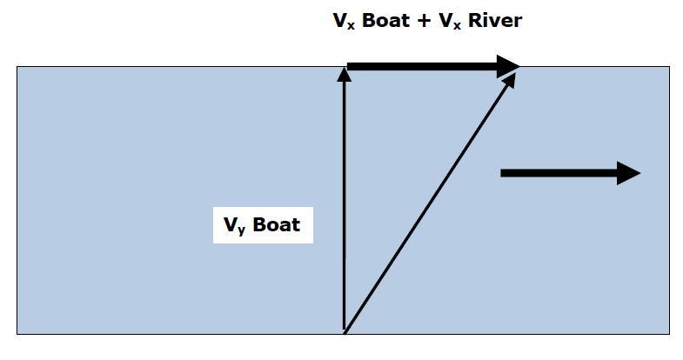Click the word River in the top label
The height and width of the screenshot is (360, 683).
pyautogui.click(x=495, y=20)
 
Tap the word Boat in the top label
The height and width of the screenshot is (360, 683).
pyautogui.click(x=385, y=20)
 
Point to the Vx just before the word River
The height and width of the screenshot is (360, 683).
pyautogui.click(x=449, y=21)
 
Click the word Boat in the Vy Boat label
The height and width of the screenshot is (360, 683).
pyautogui.click(x=276, y=225)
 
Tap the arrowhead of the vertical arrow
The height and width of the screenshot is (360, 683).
pyautogui.click(x=345, y=75)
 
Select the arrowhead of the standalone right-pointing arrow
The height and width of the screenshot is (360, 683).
pyautogui.click(x=628, y=173)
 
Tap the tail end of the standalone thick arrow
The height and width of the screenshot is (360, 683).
pyautogui.click(x=503, y=173)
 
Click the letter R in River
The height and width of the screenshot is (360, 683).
pyautogui.click(x=477, y=20)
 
